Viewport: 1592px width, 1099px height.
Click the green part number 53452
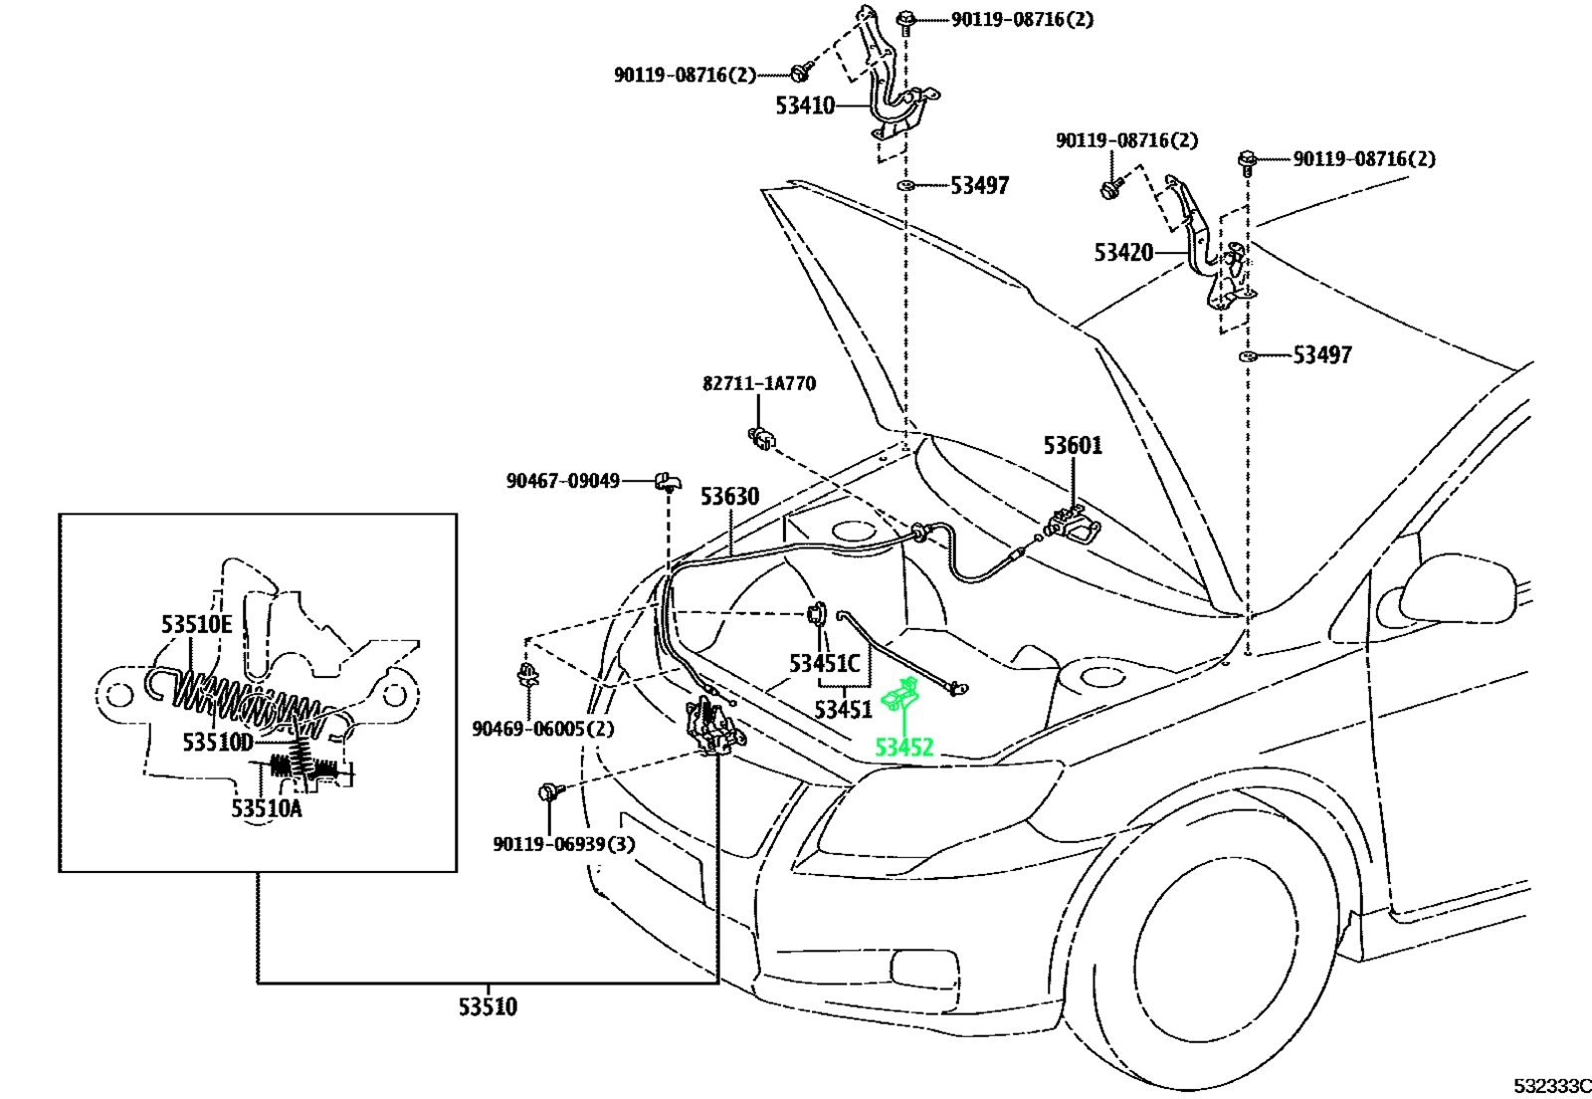coord(903,748)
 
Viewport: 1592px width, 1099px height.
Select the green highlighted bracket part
coord(899,695)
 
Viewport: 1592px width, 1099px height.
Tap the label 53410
coord(805,106)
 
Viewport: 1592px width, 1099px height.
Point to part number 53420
coord(1123,253)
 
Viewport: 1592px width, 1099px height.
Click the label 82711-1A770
coord(759,384)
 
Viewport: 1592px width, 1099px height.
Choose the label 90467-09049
coord(563,481)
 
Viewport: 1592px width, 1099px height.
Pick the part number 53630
coord(730,496)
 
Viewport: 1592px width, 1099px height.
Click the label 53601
coord(1073,446)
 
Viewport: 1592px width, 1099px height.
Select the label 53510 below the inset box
coord(488,1007)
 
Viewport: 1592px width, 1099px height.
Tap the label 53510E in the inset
coord(197,625)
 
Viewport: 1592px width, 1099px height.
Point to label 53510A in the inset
coord(267,808)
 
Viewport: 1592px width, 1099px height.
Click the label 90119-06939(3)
coord(564,844)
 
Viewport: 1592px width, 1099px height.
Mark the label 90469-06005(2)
coord(543,729)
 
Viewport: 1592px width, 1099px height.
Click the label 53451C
coord(825,664)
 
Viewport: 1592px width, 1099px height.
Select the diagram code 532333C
coord(1552,1086)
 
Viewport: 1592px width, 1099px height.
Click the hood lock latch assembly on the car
coord(712,726)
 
